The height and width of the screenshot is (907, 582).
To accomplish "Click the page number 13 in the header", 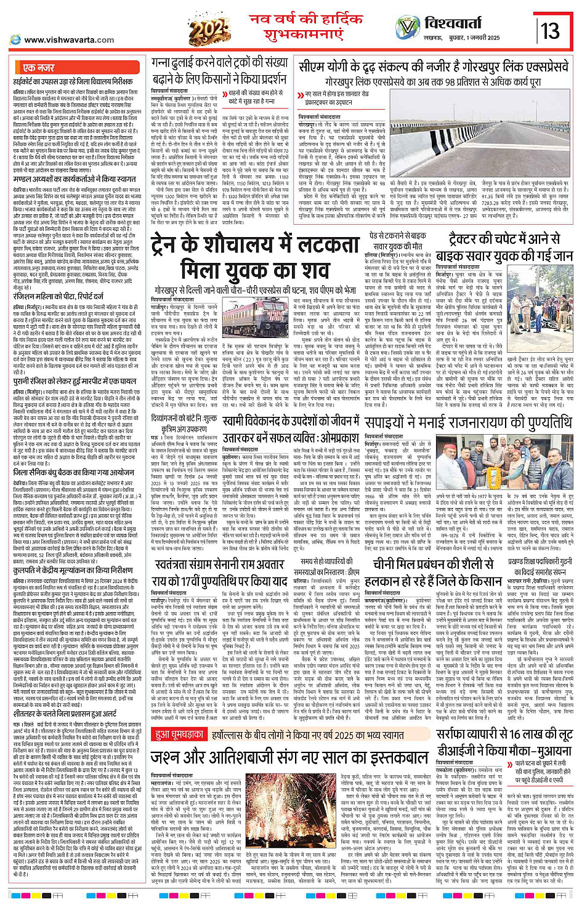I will [550, 30].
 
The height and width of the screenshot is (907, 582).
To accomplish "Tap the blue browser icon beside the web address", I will [15, 40].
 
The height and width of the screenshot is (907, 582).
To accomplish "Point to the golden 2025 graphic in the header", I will [210, 28].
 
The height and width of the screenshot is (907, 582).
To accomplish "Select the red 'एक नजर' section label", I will [38, 68].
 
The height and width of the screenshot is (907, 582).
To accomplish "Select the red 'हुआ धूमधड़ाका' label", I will [179, 735].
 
